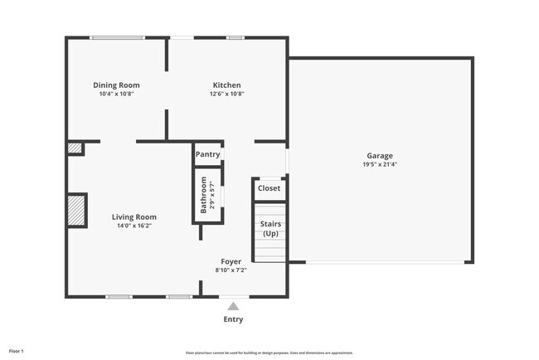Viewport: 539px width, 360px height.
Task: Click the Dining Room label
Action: point(116,85)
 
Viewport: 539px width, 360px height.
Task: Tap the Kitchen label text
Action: point(226,85)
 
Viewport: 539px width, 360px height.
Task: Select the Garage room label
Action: point(381,155)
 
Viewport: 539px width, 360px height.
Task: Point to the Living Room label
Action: point(134,216)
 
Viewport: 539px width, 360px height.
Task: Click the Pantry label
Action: point(207,154)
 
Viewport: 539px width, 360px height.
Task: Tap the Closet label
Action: point(269,188)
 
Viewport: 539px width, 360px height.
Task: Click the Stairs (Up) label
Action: point(270,228)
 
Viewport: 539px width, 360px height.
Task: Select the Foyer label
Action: point(231,261)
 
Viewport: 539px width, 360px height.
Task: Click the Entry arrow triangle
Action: point(233,306)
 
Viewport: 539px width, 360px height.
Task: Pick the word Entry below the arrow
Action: point(233,319)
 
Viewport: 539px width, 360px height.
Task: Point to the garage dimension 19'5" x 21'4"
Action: point(381,164)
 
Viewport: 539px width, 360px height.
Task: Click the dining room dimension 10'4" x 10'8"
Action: point(116,94)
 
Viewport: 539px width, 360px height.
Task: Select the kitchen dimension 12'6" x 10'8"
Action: point(226,94)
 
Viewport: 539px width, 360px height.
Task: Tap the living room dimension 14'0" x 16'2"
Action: point(134,226)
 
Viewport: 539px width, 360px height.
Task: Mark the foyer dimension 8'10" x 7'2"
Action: point(231,270)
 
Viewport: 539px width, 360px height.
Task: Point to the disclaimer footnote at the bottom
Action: point(269,353)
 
